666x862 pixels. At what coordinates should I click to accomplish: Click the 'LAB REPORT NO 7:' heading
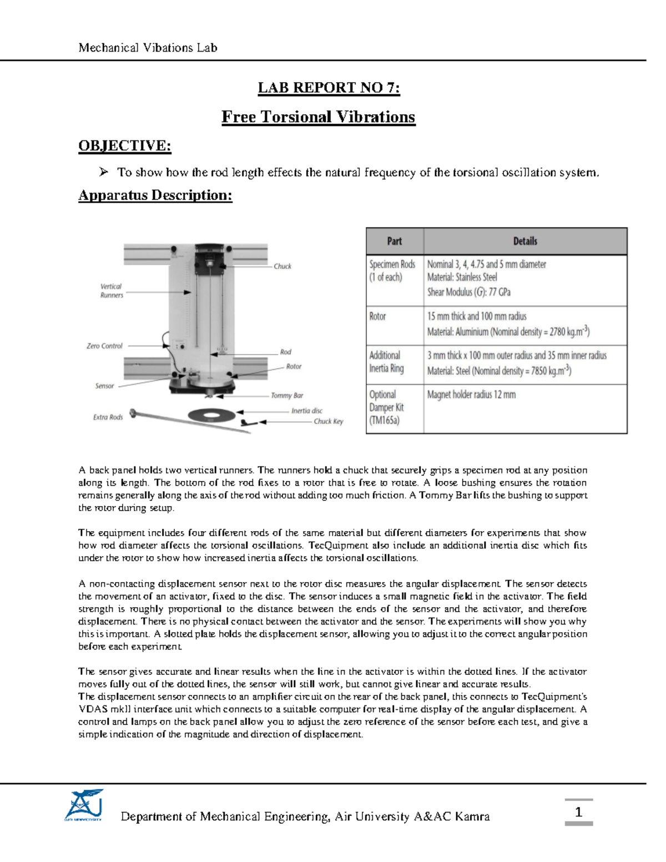coord(329,88)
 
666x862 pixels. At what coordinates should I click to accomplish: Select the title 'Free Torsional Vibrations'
coord(318,117)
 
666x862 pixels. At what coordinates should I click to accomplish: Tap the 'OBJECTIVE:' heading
coord(124,145)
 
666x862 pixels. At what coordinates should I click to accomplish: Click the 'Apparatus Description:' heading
coord(155,195)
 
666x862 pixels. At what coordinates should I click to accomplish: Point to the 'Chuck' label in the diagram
coord(282,266)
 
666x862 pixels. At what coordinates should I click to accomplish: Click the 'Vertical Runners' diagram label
coord(112,291)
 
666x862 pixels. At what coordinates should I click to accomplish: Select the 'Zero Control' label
coord(104,346)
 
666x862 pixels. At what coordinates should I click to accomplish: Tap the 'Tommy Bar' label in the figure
coord(287,396)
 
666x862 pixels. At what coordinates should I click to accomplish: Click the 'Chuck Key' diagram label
coord(328,421)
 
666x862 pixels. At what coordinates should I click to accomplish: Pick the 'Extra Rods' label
coord(108,417)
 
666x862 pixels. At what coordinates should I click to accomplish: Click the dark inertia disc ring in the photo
coord(211,415)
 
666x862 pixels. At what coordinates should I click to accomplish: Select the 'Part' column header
coord(394,241)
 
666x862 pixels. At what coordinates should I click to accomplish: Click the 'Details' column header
coord(524,241)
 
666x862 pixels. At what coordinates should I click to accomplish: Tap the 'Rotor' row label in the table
coord(377,316)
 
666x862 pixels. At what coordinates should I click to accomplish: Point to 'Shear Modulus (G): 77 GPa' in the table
coord(468,292)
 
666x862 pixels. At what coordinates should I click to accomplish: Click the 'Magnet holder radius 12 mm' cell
coord(471,395)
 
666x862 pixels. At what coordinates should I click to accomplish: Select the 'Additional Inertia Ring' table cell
coord(386,362)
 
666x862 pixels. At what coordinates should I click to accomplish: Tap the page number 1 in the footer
coord(578,813)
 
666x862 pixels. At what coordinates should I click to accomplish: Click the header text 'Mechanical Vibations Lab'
coord(148,48)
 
